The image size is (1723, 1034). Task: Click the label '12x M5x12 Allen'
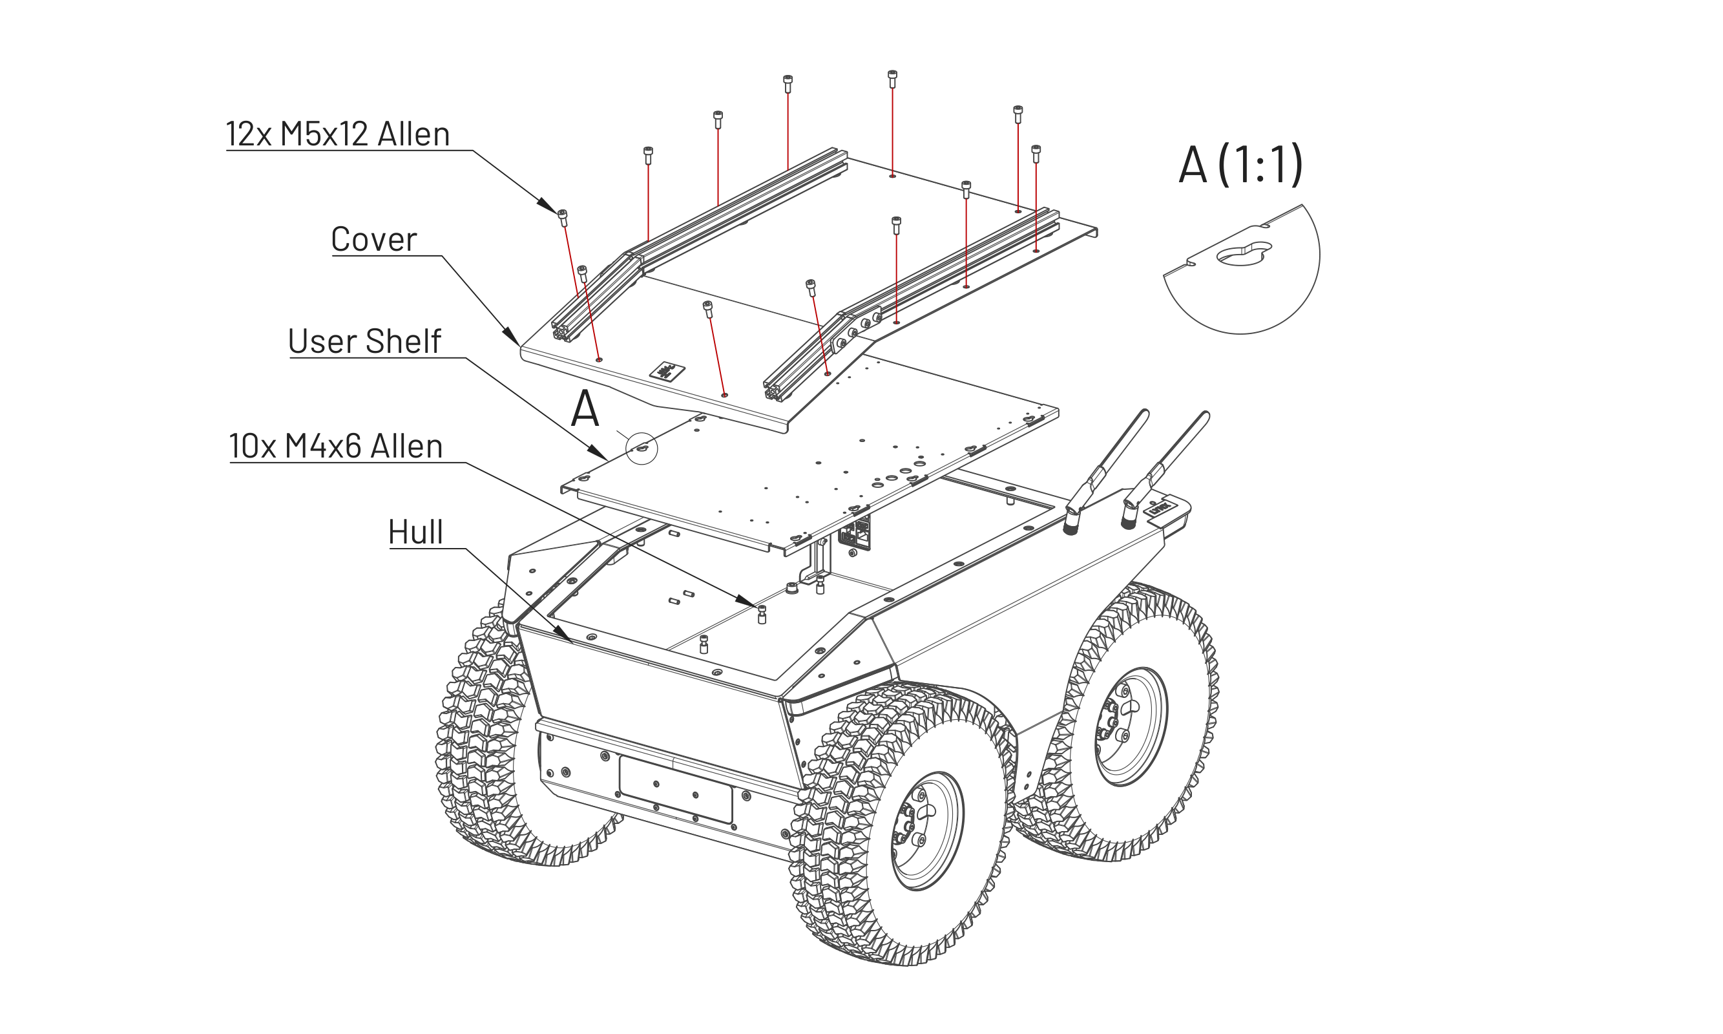point(338,133)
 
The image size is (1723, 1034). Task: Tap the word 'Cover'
point(373,239)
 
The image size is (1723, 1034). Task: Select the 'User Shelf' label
point(364,341)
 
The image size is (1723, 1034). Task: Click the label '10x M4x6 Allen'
point(336,446)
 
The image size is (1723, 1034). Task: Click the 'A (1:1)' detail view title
point(1240,165)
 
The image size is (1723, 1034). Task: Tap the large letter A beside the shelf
point(584,409)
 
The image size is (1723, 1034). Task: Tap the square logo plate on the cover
point(667,372)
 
